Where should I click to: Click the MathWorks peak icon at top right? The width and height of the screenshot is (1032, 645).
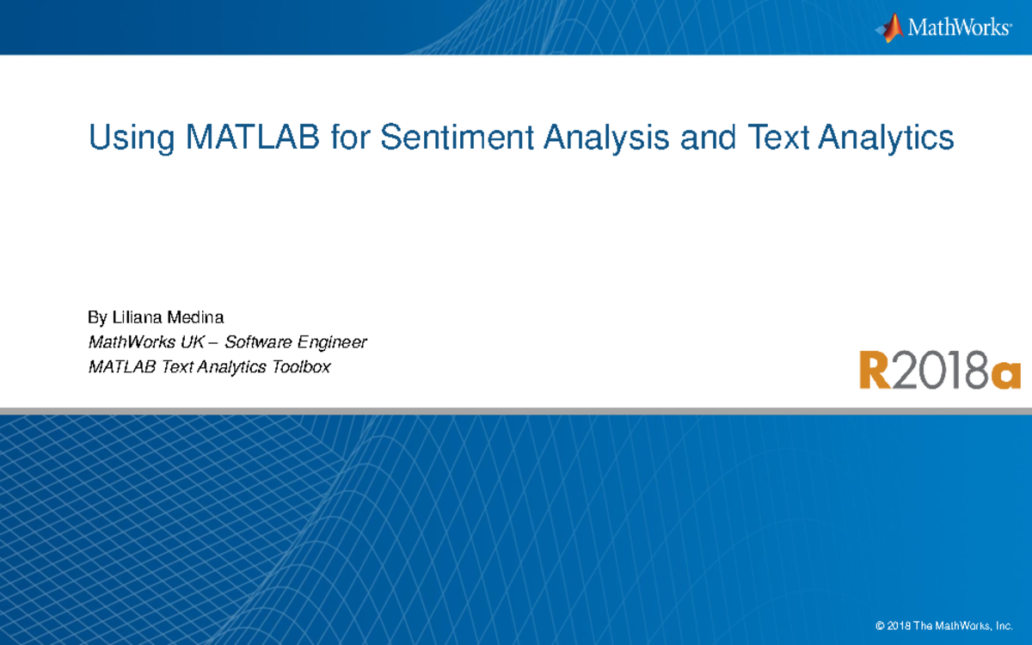coord(889,28)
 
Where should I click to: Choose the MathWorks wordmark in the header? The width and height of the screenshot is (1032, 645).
coord(958,28)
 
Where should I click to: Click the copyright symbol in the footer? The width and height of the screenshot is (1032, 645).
coord(879,624)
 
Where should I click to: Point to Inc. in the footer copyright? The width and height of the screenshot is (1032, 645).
coord(1014,624)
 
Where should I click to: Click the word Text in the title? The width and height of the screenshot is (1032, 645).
coord(777,138)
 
